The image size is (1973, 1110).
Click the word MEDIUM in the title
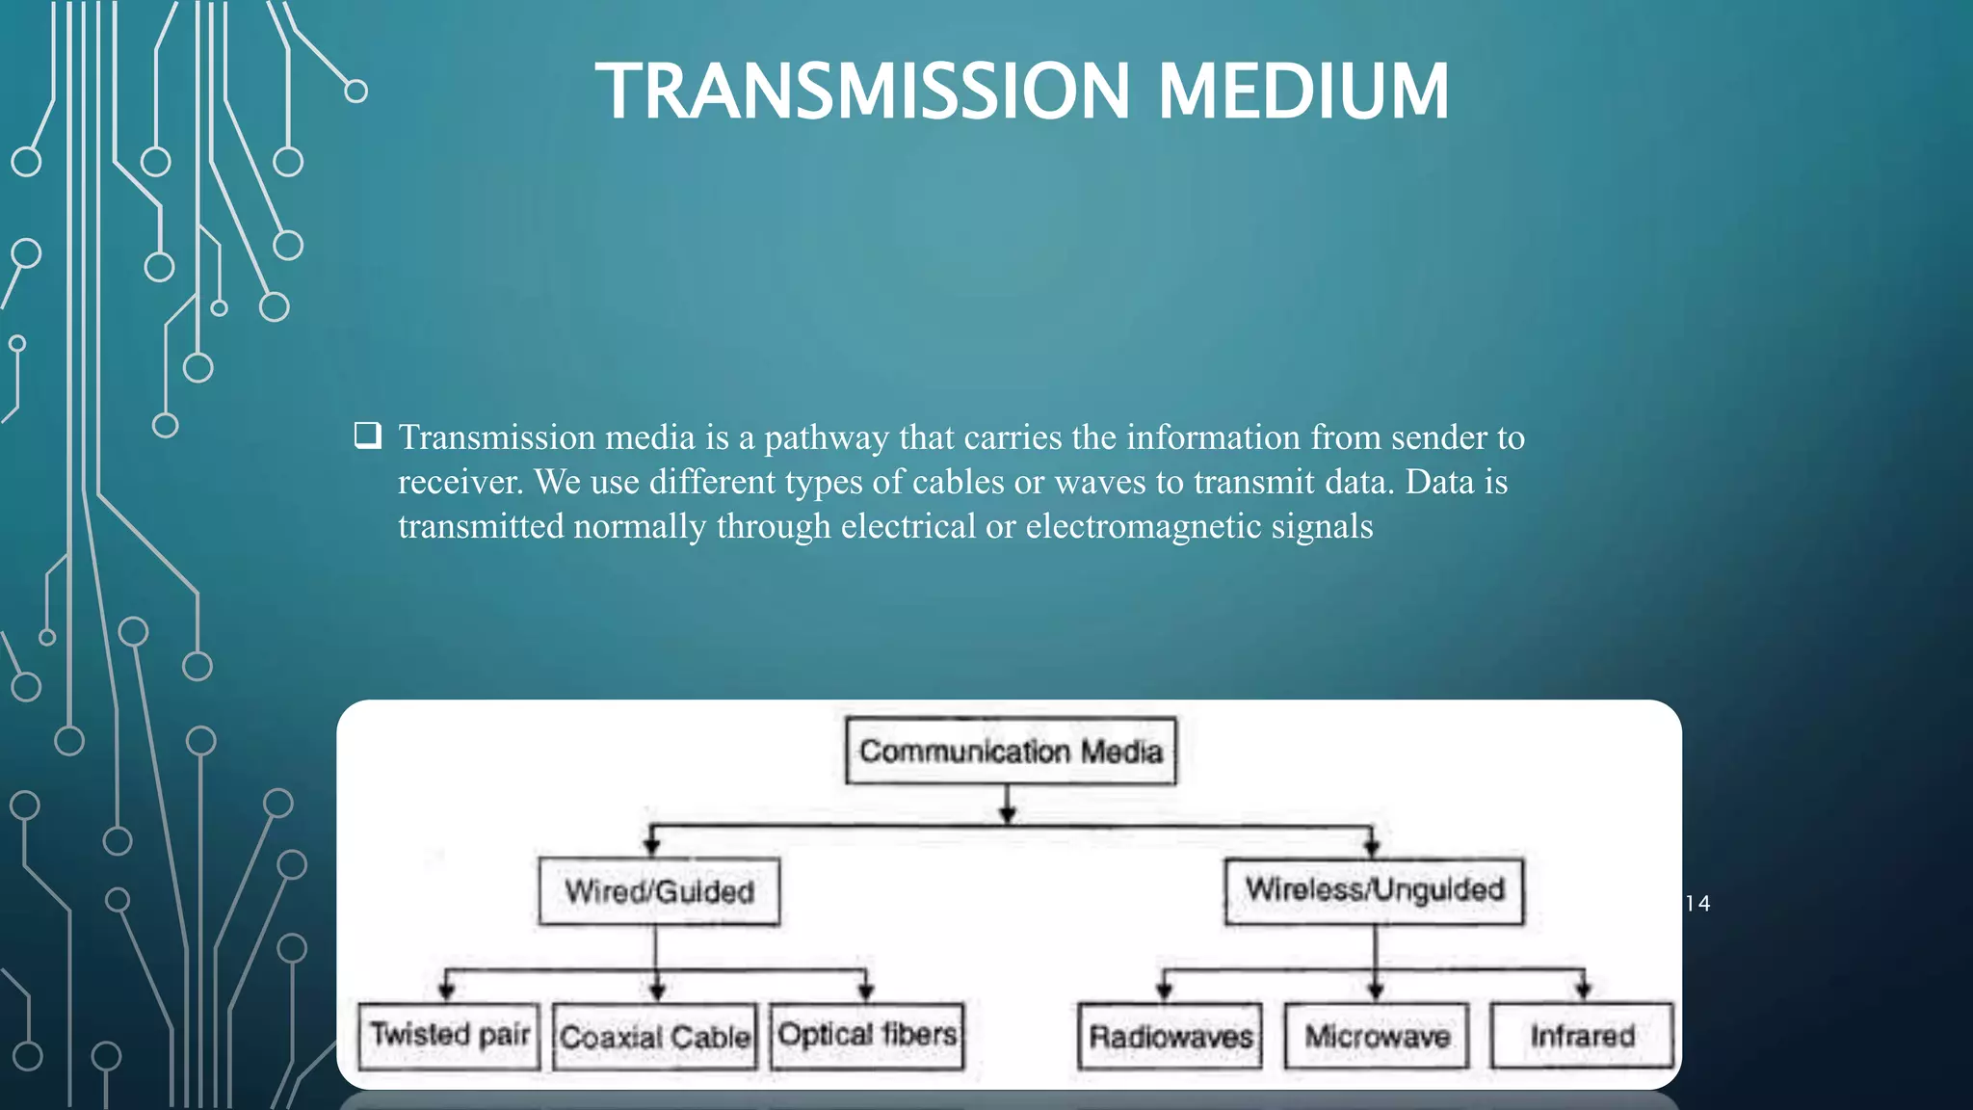[x=1302, y=92]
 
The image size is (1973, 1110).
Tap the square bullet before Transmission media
[x=367, y=436]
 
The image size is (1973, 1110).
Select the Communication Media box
[x=1011, y=751]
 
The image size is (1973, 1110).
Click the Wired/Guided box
[x=659, y=891]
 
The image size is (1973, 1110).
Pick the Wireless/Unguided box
[x=1374, y=889]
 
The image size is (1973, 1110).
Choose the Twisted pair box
[x=449, y=1035]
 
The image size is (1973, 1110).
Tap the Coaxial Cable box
[x=655, y=1037]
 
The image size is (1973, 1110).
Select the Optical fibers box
[x=867, y=1035]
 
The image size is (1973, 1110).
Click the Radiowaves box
[x=1170, y=1037]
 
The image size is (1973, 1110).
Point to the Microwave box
[x=1377, y=1037]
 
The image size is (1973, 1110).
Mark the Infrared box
[x=1582, y=1036]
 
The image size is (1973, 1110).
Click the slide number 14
[x=1697, y=904]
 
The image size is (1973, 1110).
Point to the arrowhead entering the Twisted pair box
[x=446, y=991]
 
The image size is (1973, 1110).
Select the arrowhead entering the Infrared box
[x=1583, y=990]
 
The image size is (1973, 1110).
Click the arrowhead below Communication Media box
[x=1008, y=815]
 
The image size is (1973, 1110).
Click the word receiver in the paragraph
[x=460, y=482]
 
